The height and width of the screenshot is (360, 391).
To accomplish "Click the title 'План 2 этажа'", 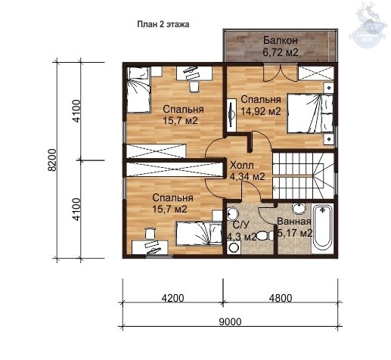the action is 163,24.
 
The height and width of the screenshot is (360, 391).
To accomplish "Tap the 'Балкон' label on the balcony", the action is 281,40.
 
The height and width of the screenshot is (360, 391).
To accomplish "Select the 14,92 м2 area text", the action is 261,111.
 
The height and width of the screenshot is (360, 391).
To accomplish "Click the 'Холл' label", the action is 242,166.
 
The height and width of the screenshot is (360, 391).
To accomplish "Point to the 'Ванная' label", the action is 294,222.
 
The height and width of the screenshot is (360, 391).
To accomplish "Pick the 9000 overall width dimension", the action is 230,321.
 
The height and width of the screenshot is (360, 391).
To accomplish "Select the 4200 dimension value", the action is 172,298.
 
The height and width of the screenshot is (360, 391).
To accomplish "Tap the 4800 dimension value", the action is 281,298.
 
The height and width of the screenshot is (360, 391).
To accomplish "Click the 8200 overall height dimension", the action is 52,160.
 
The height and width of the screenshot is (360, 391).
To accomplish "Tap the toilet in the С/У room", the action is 265,235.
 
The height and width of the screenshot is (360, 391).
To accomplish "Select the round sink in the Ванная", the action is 299,208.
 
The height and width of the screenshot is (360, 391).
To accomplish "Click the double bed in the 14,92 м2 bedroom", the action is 310,113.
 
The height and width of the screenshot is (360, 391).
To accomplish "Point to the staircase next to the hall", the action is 303,174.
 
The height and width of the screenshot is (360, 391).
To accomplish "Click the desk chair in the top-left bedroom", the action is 194,87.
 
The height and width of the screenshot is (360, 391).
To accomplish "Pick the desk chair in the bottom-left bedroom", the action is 150,233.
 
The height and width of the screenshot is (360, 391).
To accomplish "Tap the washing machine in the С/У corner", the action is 234,247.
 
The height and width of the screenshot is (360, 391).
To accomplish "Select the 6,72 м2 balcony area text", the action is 281,52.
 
